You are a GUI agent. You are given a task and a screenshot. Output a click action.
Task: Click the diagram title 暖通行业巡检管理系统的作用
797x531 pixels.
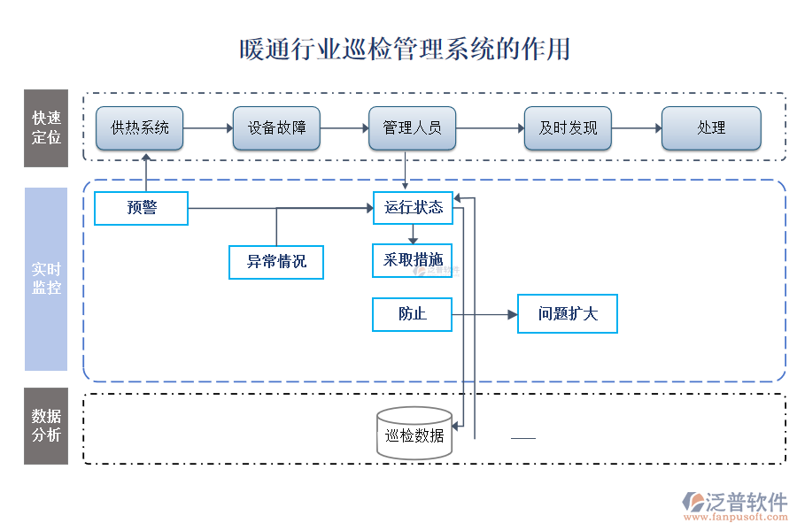tap(405, 49)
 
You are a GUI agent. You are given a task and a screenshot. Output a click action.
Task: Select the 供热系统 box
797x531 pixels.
tap(140, 128)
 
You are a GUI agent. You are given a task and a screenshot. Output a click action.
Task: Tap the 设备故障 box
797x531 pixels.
tap(276, 128)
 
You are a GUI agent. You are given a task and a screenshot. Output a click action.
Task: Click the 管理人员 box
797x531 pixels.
tap(412, 128)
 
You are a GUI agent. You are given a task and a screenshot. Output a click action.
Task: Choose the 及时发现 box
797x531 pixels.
tap(568, 128)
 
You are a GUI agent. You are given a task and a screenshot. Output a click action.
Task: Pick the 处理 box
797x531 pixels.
tap(711, 128)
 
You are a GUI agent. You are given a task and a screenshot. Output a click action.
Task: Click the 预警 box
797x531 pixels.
tap(142, 208)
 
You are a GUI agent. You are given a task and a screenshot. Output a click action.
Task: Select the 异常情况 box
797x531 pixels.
tap(276, 262)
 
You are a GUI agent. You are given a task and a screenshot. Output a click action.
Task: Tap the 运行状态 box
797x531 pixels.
tap(413, 208)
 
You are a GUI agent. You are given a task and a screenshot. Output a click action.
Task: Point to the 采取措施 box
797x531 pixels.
tap(413, 260)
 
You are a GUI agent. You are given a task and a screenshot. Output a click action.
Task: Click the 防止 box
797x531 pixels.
tap(413, 314)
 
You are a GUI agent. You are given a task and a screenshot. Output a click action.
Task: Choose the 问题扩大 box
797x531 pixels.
tap(568, 314)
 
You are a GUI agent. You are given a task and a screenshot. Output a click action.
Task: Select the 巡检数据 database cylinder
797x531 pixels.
tap(414, 433)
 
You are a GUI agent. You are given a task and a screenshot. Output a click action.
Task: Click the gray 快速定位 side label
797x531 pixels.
tap(46, 128)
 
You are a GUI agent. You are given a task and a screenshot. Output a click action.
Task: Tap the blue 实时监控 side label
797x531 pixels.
tap(46, 279)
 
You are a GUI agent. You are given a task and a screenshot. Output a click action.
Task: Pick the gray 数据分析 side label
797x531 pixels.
tap(46, 426)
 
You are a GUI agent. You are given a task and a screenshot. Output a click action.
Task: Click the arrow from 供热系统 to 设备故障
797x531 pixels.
tap(208, 128)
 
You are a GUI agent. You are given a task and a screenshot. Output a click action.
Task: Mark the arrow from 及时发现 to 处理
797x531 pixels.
tap(636, 128)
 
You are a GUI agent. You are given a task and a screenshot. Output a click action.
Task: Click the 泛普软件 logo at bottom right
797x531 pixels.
tap(734, 504)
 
